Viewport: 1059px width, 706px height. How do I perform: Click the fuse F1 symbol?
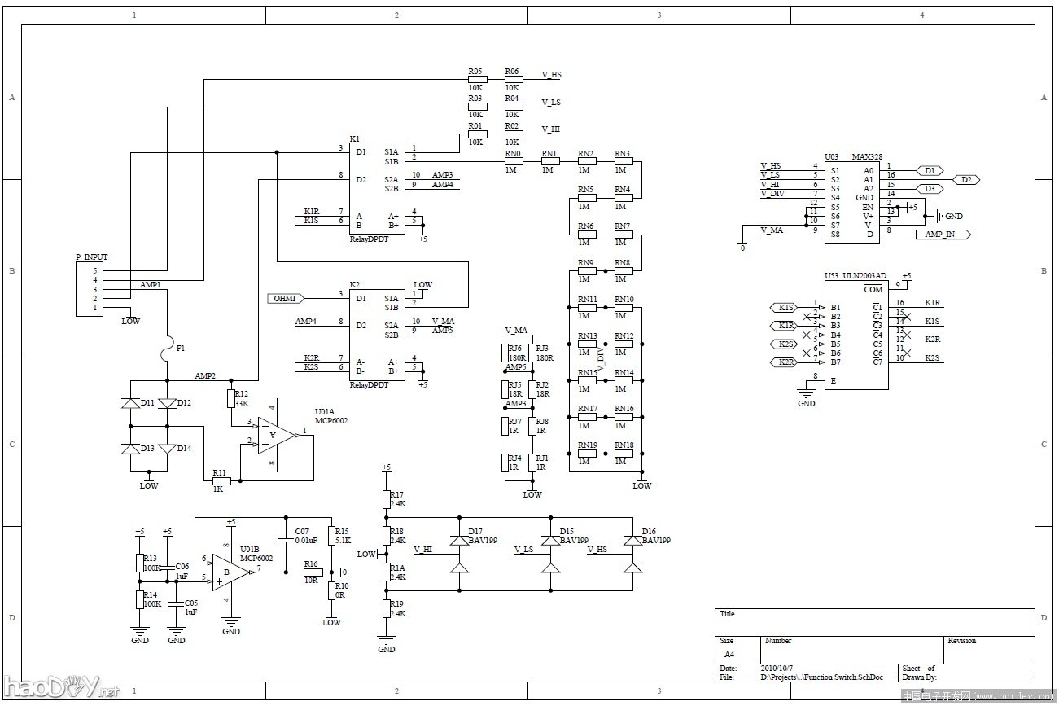(168, 348)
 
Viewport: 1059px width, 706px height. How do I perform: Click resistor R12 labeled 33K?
(231, 398)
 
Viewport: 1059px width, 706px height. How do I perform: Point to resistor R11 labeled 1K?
(221, 481)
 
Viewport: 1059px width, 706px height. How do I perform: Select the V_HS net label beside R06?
(551, 75)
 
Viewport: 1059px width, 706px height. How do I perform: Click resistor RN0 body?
(513, 161)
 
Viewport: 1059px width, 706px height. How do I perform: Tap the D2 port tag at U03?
(965, 180)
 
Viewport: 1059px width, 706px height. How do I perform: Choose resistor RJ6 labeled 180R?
(505, 352)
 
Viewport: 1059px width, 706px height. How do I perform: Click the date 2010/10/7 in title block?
(777, 668)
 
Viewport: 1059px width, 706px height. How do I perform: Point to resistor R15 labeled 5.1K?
(332, 535)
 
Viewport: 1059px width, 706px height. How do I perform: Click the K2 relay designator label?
(355, 284)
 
